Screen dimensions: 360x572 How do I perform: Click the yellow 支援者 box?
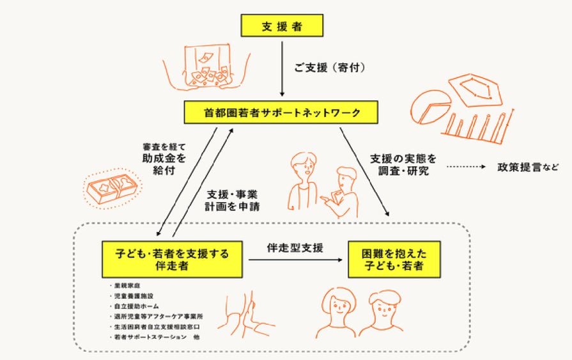click(282, 26)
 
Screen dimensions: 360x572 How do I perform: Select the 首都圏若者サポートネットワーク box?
click(281, 113)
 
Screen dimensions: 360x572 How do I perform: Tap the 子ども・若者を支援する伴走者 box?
click(172, 259)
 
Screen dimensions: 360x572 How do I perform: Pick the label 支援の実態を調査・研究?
click(403, 164)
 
